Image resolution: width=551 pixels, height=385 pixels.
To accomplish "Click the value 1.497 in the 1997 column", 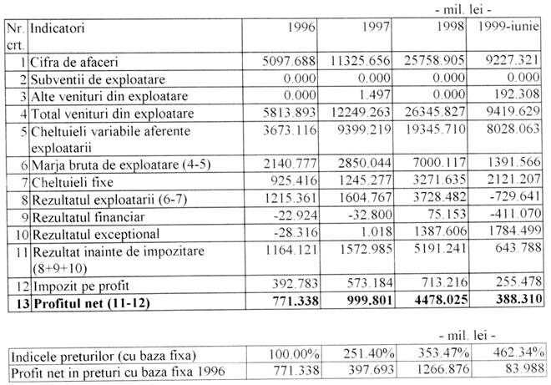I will pos(375,95).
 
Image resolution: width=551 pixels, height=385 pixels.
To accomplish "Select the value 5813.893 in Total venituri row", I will pos(286,112).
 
